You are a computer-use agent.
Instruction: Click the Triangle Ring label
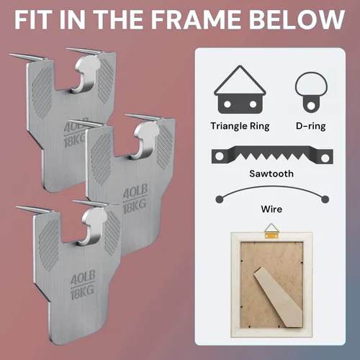(x=240, y=126)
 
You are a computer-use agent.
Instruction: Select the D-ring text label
(x=311, y=126)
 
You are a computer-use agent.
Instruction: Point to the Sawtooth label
(x=271, y=174)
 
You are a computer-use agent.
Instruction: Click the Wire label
(x=271, y=209)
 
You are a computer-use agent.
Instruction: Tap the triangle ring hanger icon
(x=240, y=89)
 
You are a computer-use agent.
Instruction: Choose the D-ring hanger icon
(x=311, y=92)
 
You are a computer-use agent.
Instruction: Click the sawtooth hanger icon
(x=272, y=155)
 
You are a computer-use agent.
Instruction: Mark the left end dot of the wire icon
(x=220, y=199)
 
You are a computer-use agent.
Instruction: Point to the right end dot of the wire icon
(x=325, y=199)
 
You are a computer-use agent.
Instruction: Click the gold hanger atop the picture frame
(x=271, y=230)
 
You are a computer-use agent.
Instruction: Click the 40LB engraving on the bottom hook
(x=83, y=278)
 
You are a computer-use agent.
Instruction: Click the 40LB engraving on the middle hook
(x=135, y=192)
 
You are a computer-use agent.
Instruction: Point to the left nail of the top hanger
(x=27, y=57)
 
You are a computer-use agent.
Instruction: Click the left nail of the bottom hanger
(x=35, y=209)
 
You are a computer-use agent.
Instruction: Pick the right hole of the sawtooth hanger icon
(x=325, y=158)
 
